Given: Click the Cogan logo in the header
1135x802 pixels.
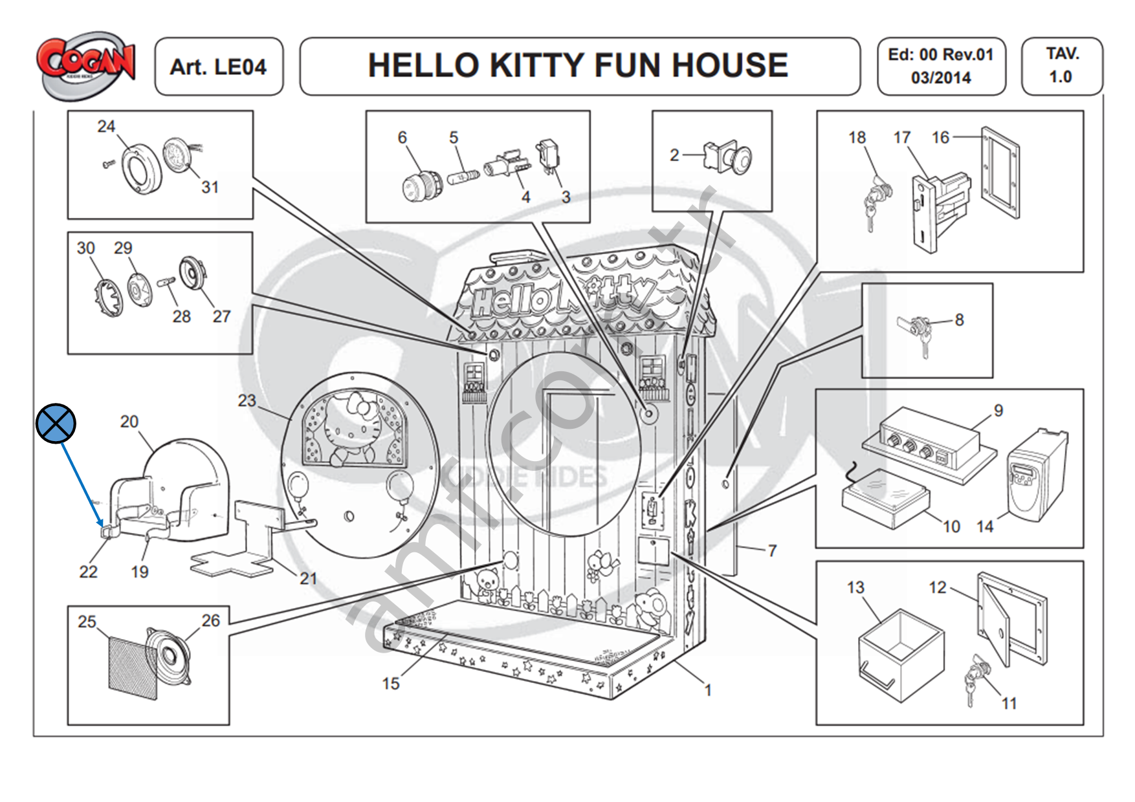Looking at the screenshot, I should (x=86, y=65).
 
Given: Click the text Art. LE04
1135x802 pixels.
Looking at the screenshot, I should (x=218, y=67).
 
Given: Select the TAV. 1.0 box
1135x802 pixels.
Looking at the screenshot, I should (x=1061, y=65).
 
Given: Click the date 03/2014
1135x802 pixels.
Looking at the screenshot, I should (x=941, y=78).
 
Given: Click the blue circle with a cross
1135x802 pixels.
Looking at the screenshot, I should (x=56, y=424).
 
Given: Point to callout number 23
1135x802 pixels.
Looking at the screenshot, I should (x=247, y=400).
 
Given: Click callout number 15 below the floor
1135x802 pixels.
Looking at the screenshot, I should (x=390, y=683).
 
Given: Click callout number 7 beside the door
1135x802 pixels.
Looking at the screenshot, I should (x=771, y=550).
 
